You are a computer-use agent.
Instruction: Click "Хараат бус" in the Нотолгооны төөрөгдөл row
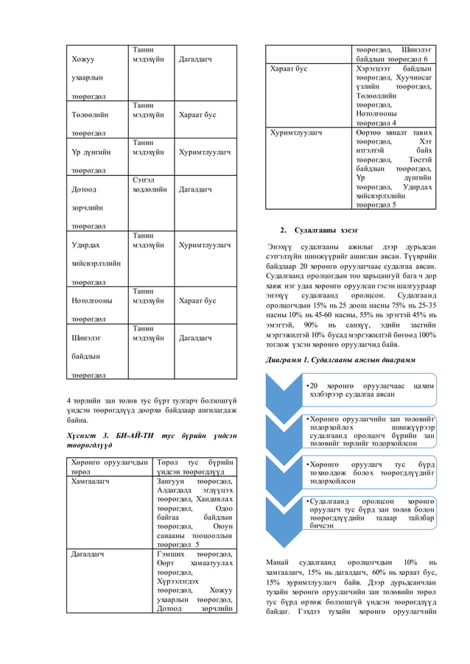197,300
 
